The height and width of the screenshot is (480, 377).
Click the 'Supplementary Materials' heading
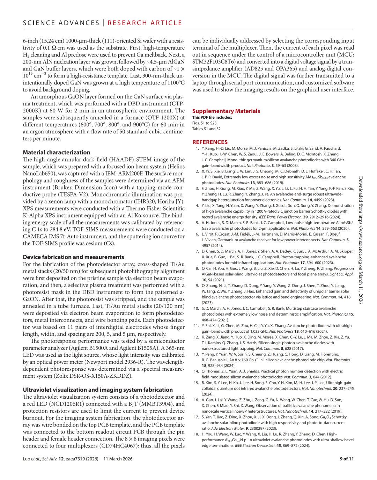(226, 111)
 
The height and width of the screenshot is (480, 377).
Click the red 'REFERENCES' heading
(210, 142)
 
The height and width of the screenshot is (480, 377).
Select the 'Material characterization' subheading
(57, 153)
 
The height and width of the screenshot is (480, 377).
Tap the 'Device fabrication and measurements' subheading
(73, 257)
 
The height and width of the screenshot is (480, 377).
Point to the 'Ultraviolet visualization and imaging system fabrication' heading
(98, 390)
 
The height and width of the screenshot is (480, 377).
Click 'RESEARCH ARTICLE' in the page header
(145, 23)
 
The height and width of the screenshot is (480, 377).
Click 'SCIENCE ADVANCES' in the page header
(61, 23)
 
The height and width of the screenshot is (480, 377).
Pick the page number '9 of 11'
(347, 459)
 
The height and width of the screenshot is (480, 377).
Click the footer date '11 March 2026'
(118, 459)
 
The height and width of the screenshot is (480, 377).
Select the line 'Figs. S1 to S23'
(204, 123)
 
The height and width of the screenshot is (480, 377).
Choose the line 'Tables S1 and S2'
(206, 129)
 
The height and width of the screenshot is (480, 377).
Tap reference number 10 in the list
(196, 309)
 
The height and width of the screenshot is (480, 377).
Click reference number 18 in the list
(196, 434)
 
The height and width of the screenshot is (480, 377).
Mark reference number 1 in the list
(197, 149)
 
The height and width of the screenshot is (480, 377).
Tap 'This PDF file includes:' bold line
(212, 118)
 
